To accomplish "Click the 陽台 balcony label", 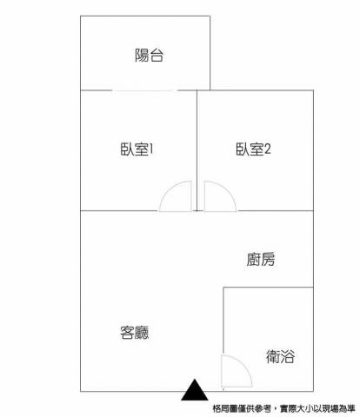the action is tap(149, 55).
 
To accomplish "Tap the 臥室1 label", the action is tap(137, 149).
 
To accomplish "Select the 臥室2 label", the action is tap(253, 149).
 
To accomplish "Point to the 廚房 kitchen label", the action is tap(261, 259).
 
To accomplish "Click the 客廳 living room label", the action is tap(135, 333).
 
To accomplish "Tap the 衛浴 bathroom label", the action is tap(280, 356).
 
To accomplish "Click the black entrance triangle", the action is tap(195, 390).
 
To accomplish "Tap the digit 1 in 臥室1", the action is tap(151, 149).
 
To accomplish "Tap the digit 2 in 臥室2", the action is tap(268, 149).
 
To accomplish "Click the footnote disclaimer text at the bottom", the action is tap(283, 409).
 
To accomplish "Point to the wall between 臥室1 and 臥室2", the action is tap(197, 150).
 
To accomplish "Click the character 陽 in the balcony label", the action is tap(142, 55).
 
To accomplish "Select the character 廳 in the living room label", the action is tap(142, 333).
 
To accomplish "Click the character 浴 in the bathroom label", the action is tap(288, 356).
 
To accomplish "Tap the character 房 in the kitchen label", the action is tap(268, 259).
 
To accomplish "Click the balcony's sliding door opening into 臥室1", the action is tap(144, 90).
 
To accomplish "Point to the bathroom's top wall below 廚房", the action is tap(268, 288).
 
